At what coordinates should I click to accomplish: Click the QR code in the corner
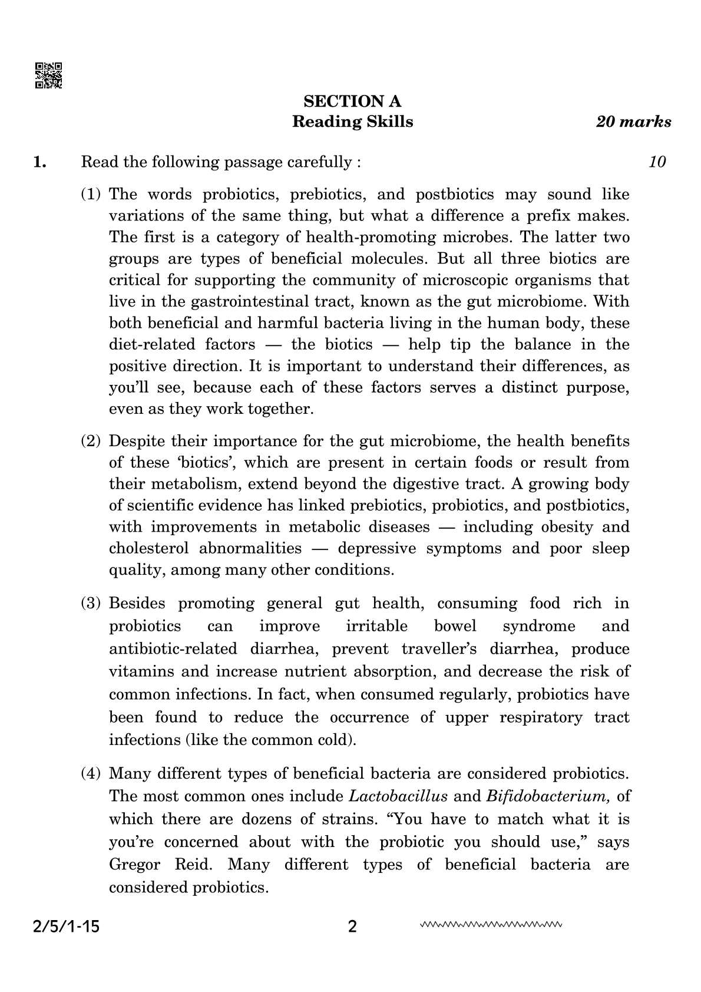pyautogui.click(x=49, y=75)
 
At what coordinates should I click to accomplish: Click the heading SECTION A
pyautogui.click(x=352, y=101)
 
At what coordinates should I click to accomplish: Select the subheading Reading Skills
pyautogui.click(x=352, y=122)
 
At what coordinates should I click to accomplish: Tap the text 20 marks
pyautogui.click(x=633, y=122)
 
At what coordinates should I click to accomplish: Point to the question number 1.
pyautogui.click(x=39, y=162)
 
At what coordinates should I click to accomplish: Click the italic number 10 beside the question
pyautogui.click(x=657, y=162)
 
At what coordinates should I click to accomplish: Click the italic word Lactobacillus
pyautogui.click(x=398, y=796)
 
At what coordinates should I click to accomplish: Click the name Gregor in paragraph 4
pyautogui.click(x=134, y=865)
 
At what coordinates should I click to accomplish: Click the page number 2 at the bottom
pyautogui.click(x=352, y=927)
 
